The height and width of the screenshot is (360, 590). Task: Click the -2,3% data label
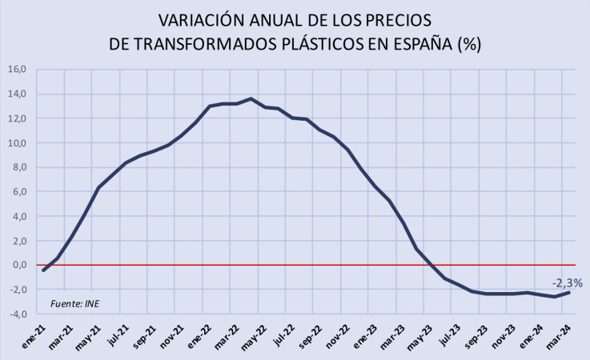coord(566,282)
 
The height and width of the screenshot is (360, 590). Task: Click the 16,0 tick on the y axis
coord(18,70)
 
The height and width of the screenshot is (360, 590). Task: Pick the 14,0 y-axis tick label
coord(18,94)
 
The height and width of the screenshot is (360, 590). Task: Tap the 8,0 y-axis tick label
coord(20,168)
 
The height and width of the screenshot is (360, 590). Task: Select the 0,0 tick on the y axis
coord(20,266)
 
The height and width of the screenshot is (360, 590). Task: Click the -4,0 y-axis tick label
coord(18,314)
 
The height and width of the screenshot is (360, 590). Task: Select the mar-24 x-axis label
coord(557,334)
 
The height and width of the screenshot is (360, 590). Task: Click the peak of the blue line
coord(251,98)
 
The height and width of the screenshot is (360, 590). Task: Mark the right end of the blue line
coord(568,293)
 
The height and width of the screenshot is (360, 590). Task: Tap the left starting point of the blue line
coord(43,270)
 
